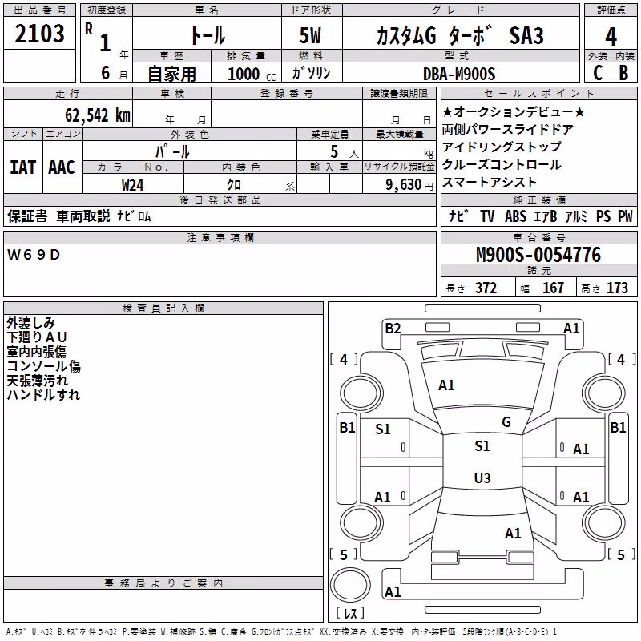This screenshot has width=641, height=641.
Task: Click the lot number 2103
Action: tap(39, 34)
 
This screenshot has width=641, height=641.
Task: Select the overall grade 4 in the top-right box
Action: tap(611, 37)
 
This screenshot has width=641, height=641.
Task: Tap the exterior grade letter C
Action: tap(598, 73)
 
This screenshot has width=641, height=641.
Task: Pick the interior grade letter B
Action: tap(623, 73)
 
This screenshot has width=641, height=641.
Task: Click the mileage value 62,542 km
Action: tap(98, 115)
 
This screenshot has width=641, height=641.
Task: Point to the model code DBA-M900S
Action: tap(459, 74)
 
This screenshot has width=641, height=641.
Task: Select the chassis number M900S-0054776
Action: tap(538, 255)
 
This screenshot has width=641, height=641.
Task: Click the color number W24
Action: tap(132, 185)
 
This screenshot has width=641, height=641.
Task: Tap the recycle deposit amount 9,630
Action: tap(404, 185)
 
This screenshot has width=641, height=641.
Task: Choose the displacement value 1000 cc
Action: tap(252, 74)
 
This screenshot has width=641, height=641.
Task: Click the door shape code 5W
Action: tap(310, 35)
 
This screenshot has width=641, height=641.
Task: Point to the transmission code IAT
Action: tap(22, 167)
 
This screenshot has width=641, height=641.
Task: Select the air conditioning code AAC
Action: tap(62, 167)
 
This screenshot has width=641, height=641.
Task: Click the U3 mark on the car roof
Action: tap(482, 478)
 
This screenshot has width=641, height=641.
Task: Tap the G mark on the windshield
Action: tap(506, 422)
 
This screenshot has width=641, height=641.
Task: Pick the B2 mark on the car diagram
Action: tap(393, 329)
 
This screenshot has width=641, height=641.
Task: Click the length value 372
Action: tap(486, 288)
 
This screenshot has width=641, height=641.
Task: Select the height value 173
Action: tap(617, 288)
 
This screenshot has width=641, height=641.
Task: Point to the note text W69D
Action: tap(34, 255)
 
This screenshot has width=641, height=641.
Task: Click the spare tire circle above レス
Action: tap(350, 585)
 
